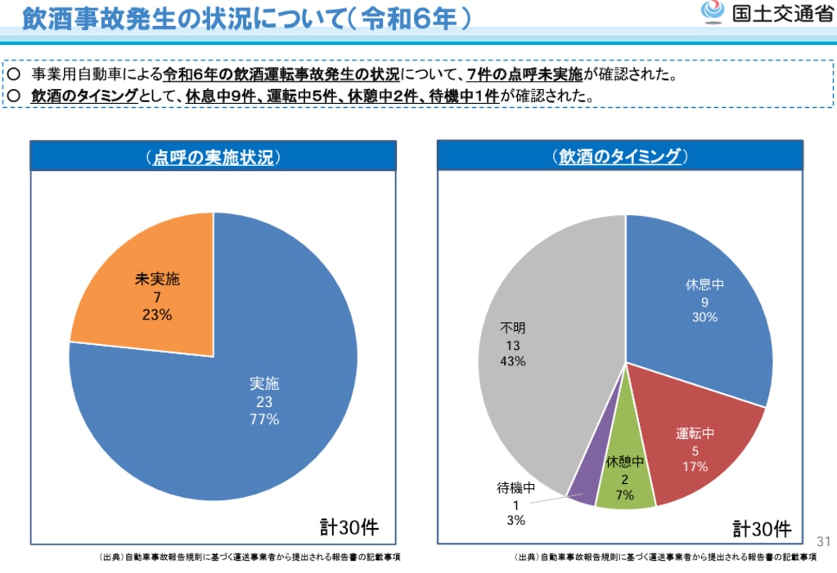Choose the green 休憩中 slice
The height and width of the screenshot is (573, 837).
click(x=625, y=474)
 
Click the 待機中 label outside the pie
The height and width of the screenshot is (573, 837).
click(x=515, y=489)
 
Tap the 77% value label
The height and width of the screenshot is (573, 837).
click(x=265, y=419)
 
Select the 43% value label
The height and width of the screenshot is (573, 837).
click(x=513, y=361)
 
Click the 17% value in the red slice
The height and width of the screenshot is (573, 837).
click(x=695, y=467)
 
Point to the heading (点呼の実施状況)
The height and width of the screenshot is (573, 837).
click(x=213, y=157)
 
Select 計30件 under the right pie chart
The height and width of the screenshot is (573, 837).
click(x=762, y=529)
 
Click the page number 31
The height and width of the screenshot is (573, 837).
click(x=822, y=541)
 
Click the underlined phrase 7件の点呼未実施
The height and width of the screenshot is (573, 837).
click(x=524, y=74)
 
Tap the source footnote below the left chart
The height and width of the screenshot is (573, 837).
click(x=250, y=557)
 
